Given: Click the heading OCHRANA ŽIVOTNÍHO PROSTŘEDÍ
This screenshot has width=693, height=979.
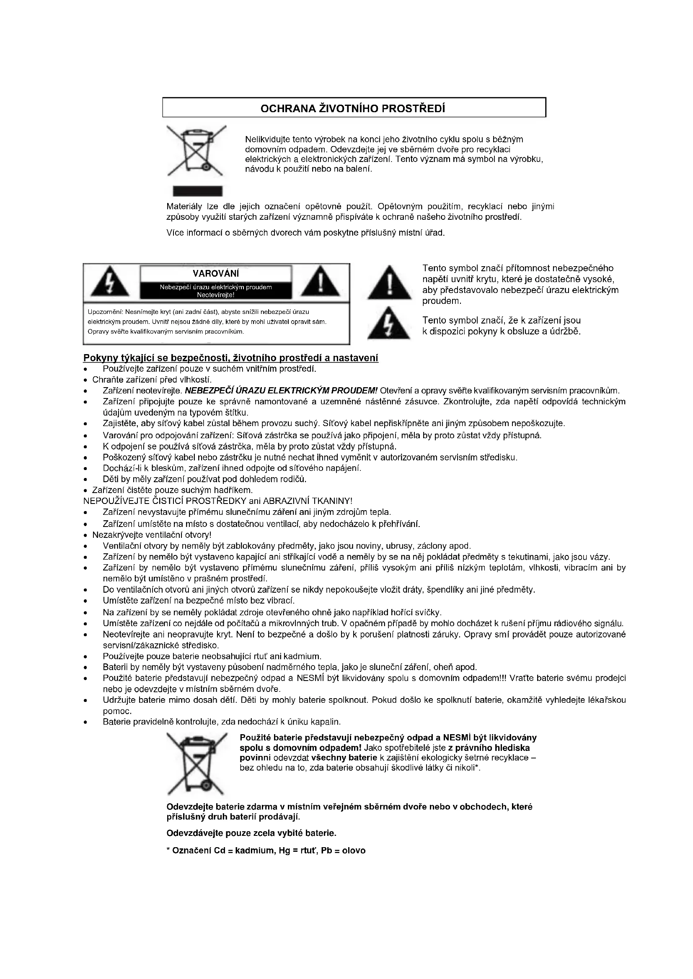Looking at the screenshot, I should tap(353, 108).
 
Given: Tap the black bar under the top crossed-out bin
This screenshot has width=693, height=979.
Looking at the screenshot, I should tap(197, 191).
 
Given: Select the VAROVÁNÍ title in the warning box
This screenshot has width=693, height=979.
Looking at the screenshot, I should tap(215, 273).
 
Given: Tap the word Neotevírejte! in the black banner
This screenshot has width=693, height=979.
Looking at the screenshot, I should tap(215, 295).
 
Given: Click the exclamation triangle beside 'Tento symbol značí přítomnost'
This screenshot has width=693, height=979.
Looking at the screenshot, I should tap(389, 283).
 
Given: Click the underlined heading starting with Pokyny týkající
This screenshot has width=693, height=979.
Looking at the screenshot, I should tap(231, 358).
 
